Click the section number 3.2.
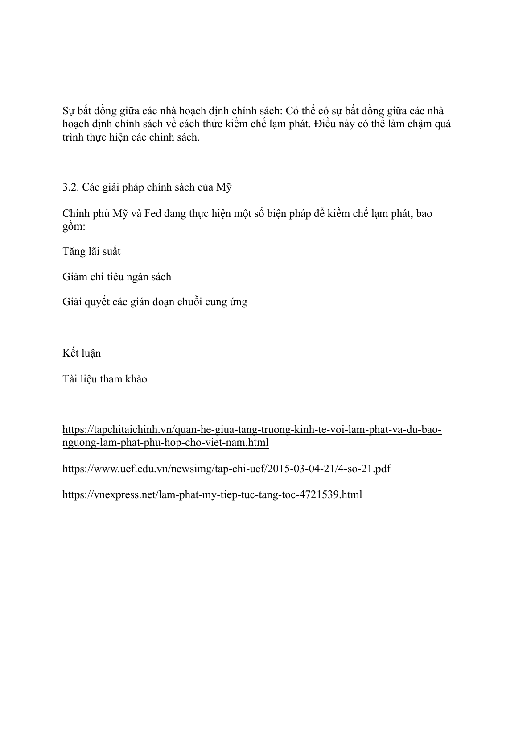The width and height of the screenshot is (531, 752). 70,187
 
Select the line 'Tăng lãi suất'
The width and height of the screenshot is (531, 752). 91,252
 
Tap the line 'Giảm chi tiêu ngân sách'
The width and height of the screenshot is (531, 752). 117,277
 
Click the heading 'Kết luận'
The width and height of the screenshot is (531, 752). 82,353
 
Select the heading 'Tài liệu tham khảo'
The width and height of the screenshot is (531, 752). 105,379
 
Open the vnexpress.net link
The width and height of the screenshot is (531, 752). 212,495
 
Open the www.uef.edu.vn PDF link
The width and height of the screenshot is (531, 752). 226,469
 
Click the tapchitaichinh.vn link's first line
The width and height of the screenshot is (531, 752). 252,430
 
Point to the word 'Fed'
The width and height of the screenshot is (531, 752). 152,214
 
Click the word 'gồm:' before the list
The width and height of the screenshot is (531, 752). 74,227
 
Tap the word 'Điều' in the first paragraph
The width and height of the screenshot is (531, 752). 325,124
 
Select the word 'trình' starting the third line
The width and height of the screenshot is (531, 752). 73,137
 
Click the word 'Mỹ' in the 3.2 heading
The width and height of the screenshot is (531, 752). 224,187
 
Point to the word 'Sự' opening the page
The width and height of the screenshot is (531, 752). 69,111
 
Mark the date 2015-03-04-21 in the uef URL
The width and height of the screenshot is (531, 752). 304,469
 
